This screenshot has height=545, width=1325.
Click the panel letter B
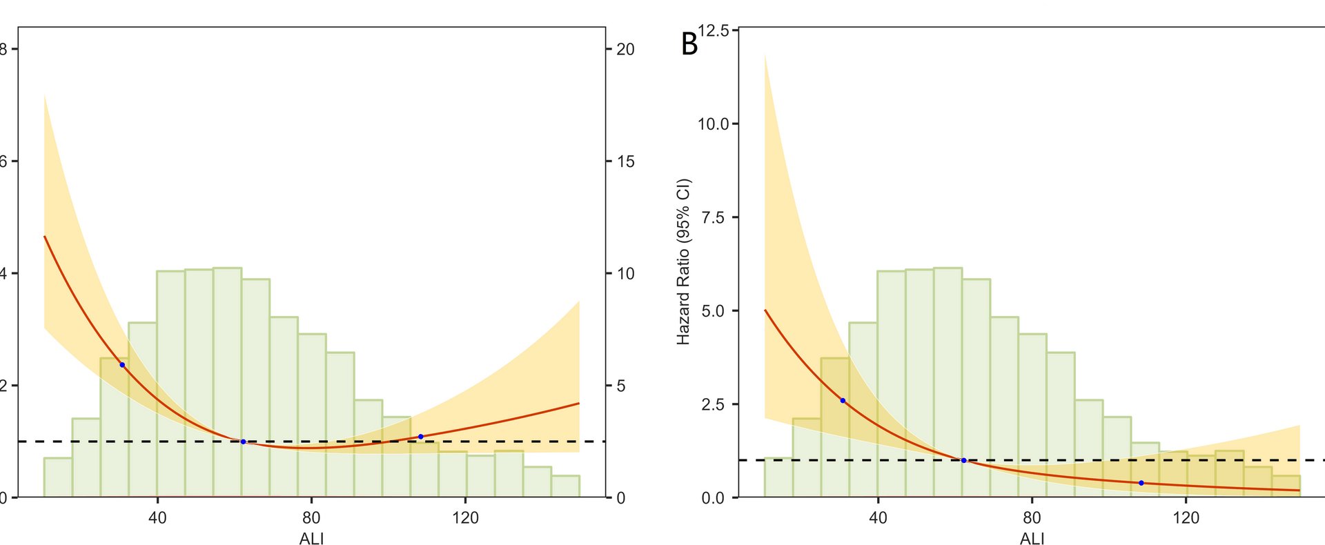pos(689,44)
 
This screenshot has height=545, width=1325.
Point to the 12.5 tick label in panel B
pos(714,30)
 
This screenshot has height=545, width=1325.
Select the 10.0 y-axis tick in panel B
pos(714,124)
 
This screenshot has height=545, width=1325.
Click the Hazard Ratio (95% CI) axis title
pos(683,262)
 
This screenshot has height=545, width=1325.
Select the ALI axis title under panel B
pos(1032,539)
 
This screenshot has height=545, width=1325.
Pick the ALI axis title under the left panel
pos(311,539)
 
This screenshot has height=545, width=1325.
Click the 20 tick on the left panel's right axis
pos(625,50)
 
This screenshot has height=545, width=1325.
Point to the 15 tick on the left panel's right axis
pos(625,161)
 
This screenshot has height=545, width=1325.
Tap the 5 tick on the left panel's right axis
pos(621,386)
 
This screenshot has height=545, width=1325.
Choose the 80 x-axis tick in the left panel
pos(311,517)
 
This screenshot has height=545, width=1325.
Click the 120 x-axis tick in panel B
pos(1186,517)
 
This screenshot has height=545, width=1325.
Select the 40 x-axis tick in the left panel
pos(157,517)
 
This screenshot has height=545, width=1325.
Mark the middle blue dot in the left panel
pos(243,442)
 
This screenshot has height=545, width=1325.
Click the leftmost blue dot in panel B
pos(843,401)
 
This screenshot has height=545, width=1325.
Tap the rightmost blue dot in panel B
pos(1141,483)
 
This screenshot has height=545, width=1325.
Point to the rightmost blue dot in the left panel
pos(420,437)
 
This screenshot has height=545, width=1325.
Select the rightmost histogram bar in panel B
pos(1286,486)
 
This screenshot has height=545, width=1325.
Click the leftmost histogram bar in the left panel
pos(58,477)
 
